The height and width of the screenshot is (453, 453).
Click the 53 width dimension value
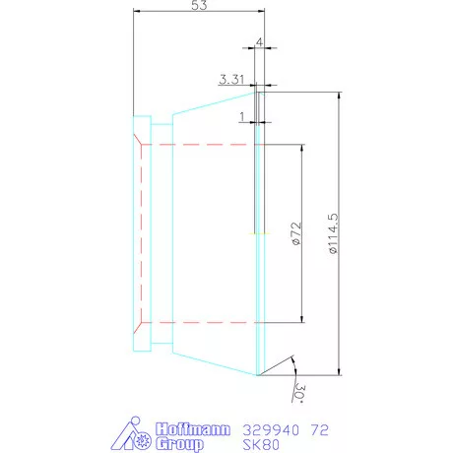pyautogui.click(x=198, y=7)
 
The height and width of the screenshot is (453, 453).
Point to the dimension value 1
pyautogui.click(x=242, y=116)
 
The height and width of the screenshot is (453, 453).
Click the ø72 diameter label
pyautogui.click(x=294, y=234)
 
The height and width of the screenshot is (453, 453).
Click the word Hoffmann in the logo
pyautogui.click(x=193, y=429)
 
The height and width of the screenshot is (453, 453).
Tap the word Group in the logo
pyautogui.click(x=181, y=445)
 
